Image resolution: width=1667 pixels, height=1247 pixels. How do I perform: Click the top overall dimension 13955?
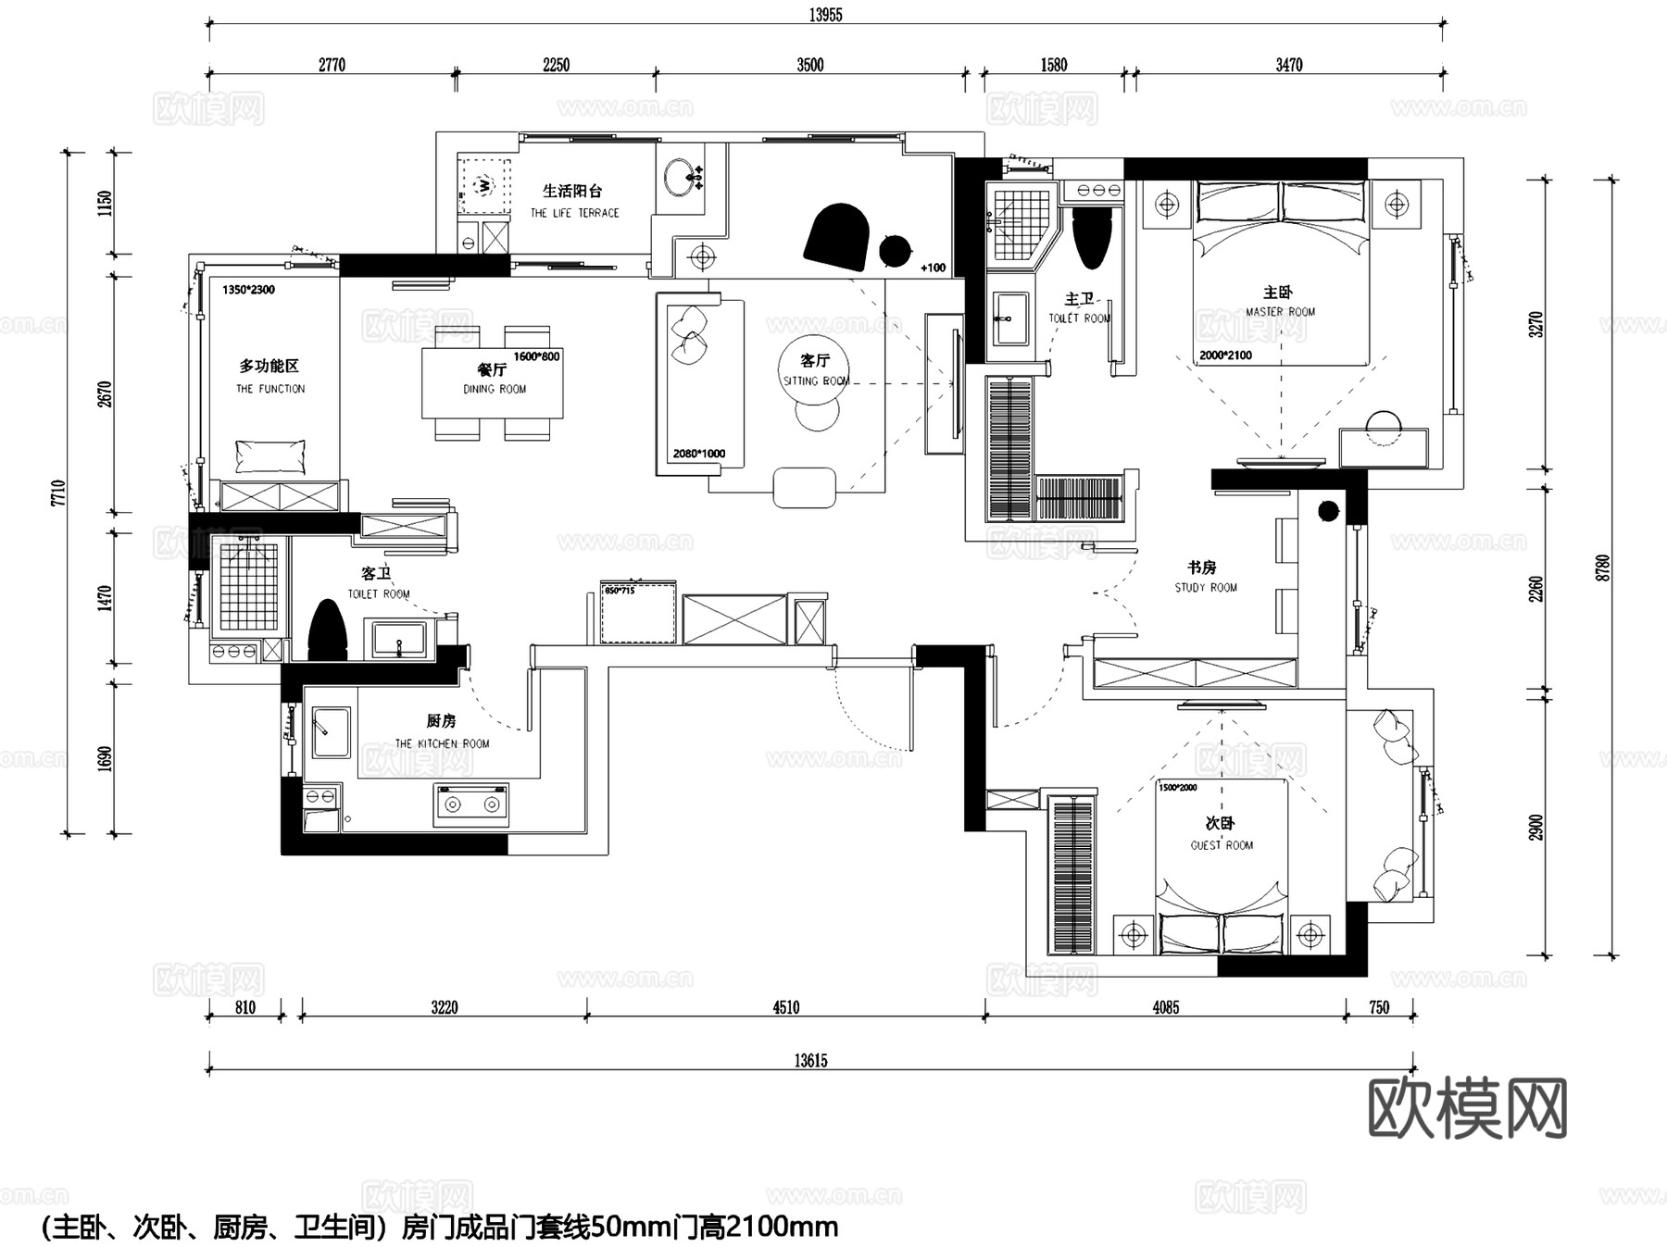point(825,15)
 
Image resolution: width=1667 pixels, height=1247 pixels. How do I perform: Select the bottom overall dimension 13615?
point(810,1061)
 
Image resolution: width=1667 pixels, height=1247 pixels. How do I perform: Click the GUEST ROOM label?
point(1221,844)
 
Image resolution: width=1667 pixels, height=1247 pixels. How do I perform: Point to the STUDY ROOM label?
point(1205,587)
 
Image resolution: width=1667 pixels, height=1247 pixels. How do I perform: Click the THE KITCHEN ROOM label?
point(442,742)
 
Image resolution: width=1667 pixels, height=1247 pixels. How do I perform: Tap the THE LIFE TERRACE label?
point(574,213)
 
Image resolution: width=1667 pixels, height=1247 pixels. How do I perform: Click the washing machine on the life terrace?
point(483,186)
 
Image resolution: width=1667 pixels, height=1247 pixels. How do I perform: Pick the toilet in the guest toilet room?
point(326,630)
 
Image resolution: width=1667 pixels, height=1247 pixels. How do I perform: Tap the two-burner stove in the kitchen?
point(471,804)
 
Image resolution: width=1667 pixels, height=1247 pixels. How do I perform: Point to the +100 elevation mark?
point(934,268)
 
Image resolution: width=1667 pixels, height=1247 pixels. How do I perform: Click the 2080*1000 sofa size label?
point(698,454)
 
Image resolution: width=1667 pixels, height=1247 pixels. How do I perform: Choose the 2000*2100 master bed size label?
point(1224,355)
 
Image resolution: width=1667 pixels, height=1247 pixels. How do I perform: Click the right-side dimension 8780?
point(1603,567)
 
